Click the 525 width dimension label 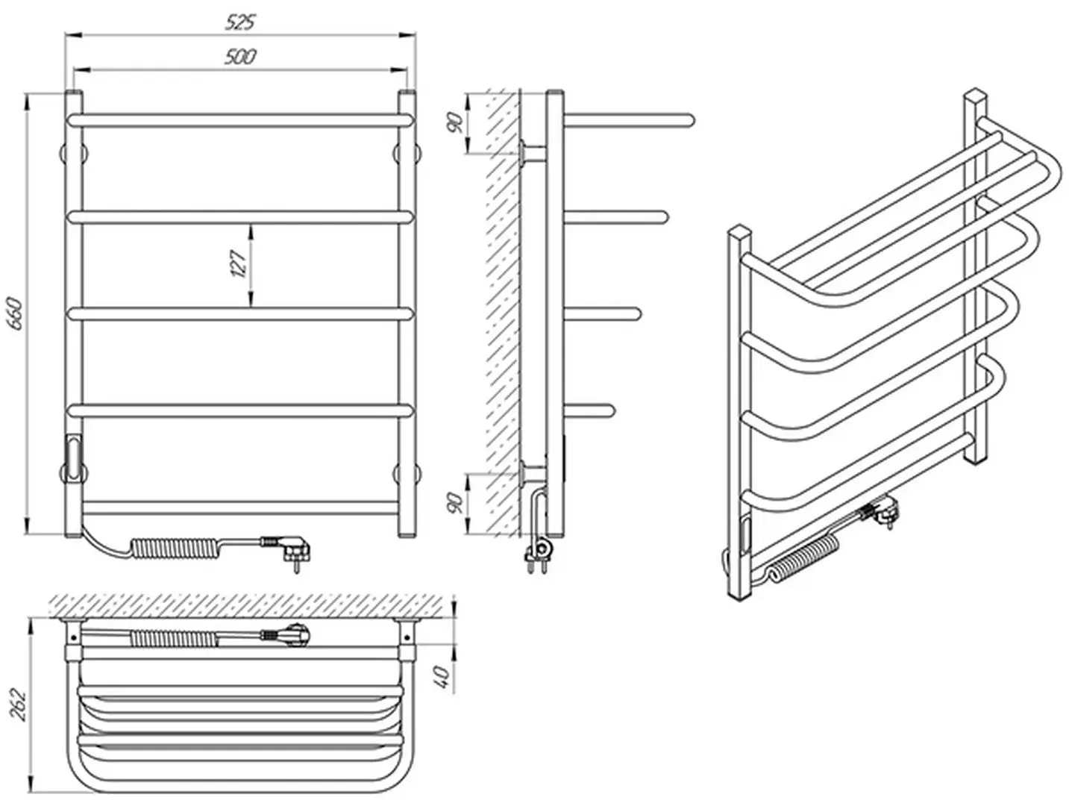click(240, 22)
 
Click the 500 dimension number click(240, 57)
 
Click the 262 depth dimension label click(18, 704)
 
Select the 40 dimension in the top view click(444, 677)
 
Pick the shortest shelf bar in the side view click(589, 408)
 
